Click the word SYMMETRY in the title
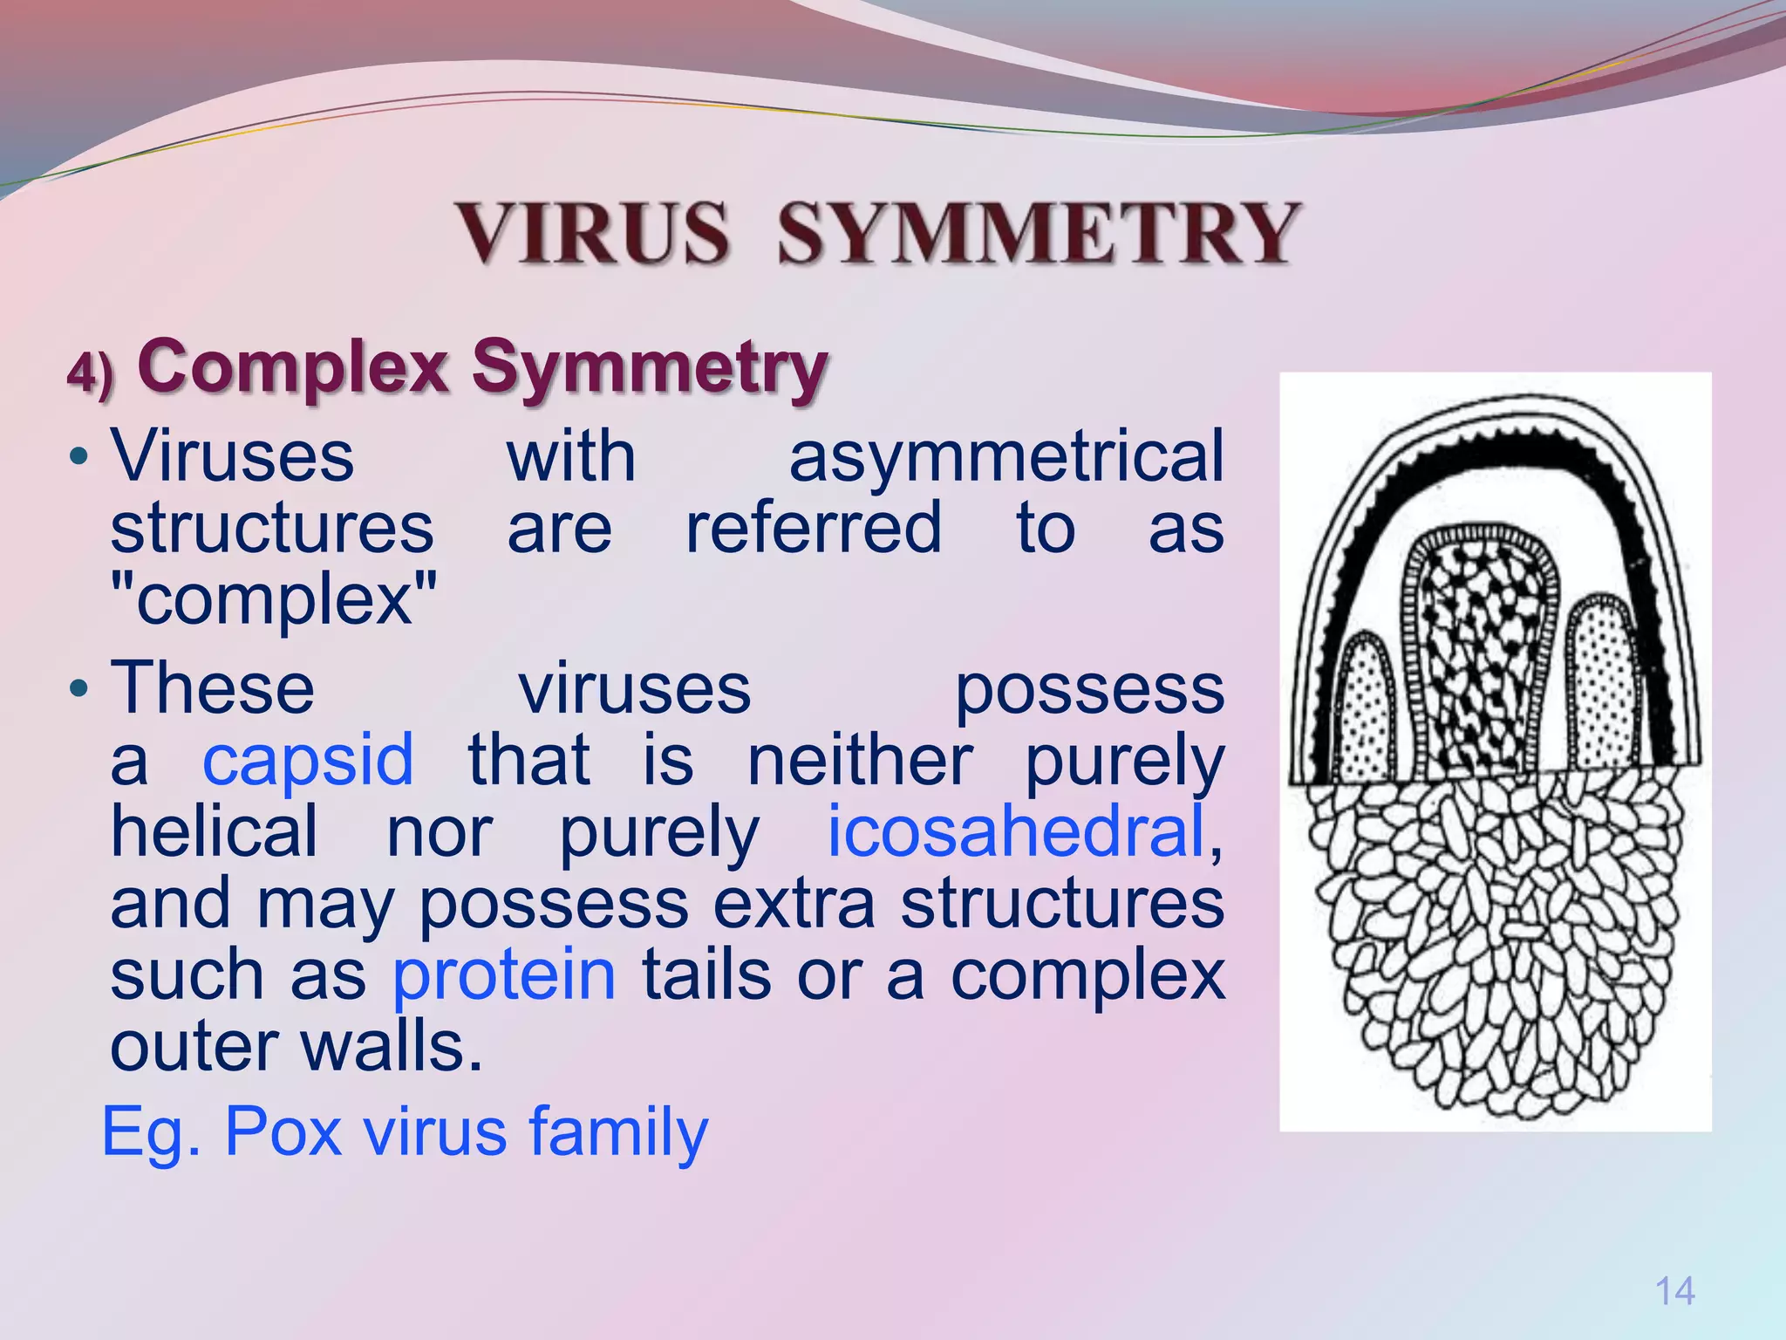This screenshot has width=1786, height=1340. (x=1038, y=232)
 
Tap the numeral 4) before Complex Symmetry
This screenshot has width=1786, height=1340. (x=91, y=373)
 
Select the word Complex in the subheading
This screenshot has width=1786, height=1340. (x=292, y=367)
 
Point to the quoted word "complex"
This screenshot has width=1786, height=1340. (x=274, y=600)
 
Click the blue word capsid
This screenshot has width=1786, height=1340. (x=308, y=760)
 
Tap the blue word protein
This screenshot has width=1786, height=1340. (x=504, y=974)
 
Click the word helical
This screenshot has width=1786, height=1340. (x=215, y=831)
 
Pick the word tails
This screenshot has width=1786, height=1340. (x=706, y=974)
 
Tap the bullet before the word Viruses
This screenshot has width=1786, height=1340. (x=79, y=457)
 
